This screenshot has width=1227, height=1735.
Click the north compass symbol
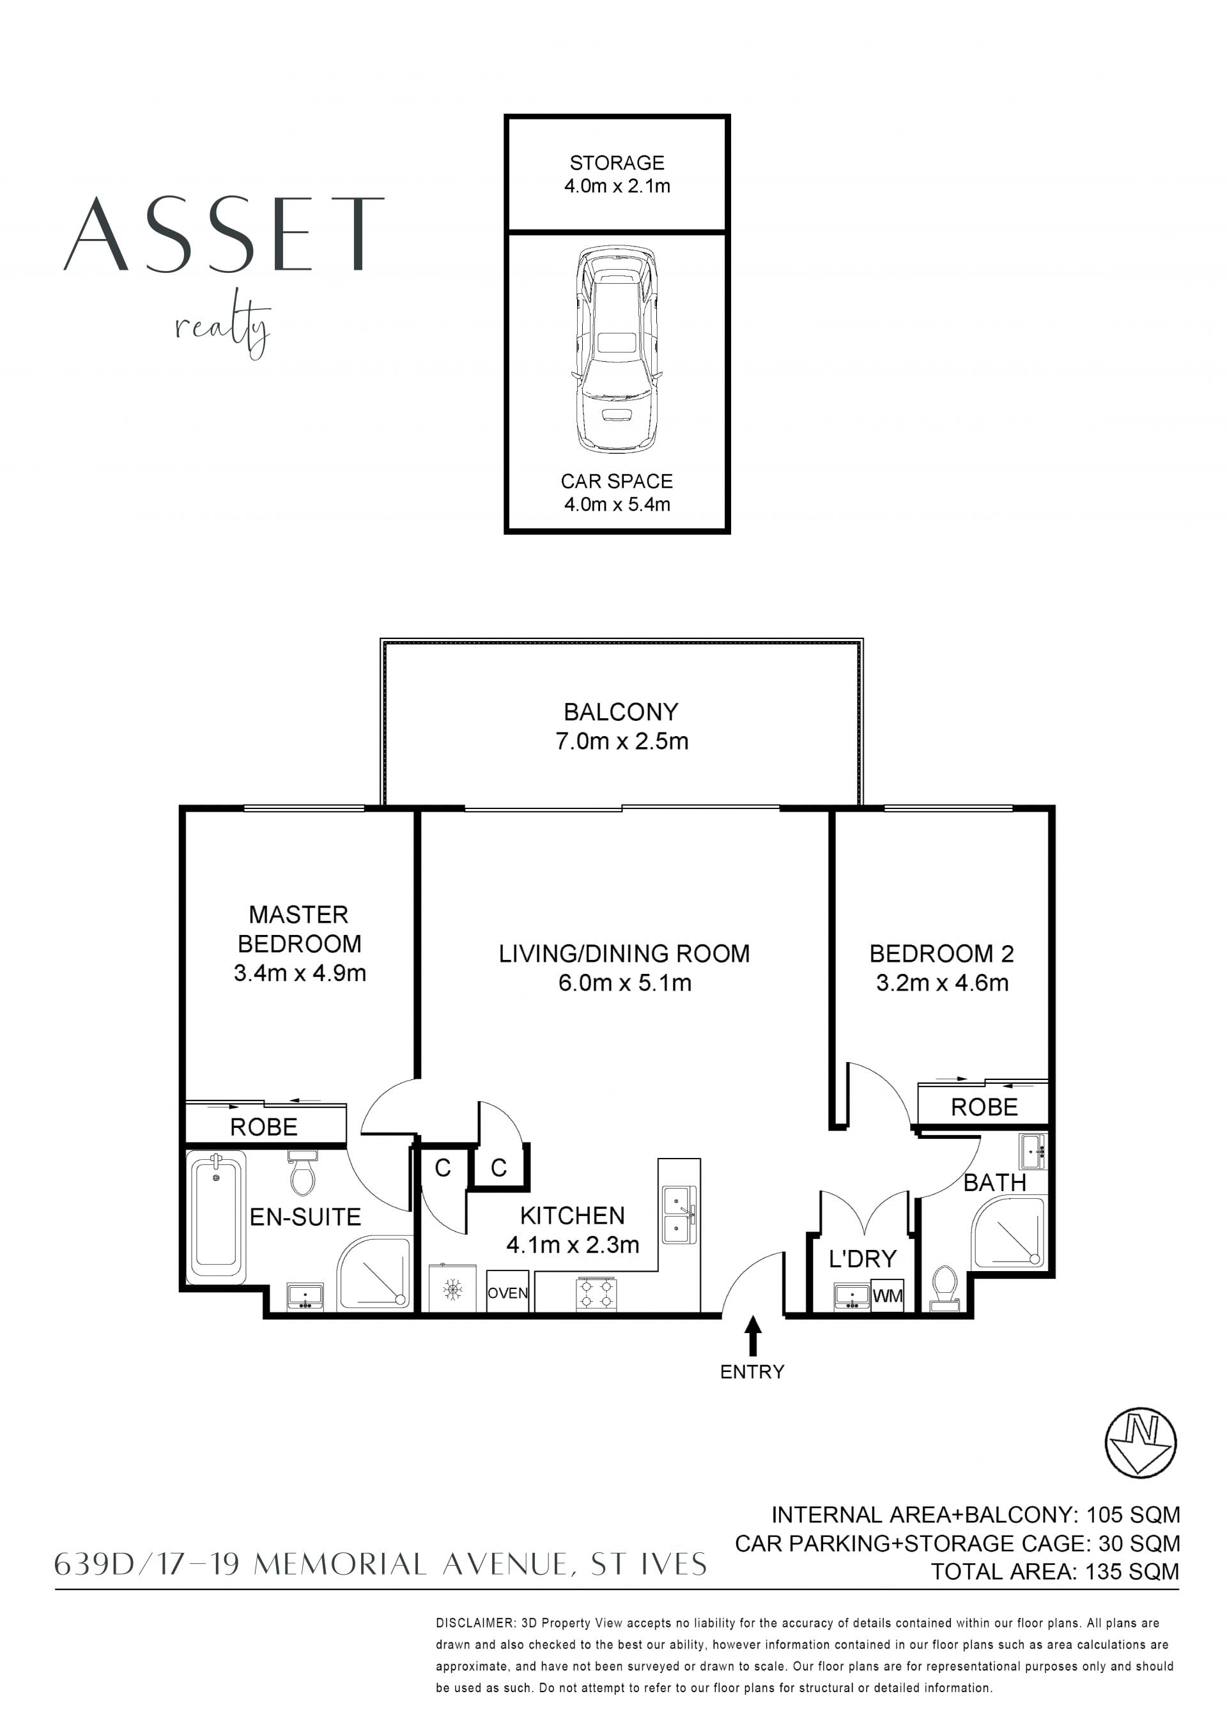click(x=1141, y=1442)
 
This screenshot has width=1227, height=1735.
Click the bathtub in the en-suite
click(x=216, y=1217)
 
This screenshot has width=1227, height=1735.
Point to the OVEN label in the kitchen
click(x=507, y=1293)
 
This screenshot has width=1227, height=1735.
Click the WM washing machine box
click(x=887, y=1295)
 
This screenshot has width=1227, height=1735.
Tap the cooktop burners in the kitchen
click(x=597, y=1293)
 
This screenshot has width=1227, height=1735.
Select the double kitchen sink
click(x=679, y=1214)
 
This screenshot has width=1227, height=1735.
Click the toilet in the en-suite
click(x=303, y=1173)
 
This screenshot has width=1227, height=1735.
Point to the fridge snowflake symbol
click(x=452, y=1289)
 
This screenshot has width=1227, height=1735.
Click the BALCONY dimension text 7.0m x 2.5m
click(x=622, y=741)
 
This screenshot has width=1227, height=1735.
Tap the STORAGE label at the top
click(x=617, y=162)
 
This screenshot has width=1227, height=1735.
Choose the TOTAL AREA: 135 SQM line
click(x=1054, y=1572)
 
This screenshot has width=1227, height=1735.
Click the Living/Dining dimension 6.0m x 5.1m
click(x=625, y=983)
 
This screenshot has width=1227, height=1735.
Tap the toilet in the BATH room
click(x=945, y=1287)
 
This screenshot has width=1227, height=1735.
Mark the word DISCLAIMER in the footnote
click(x=475, y=1623)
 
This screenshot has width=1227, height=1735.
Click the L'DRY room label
click(x=862, y=1259)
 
